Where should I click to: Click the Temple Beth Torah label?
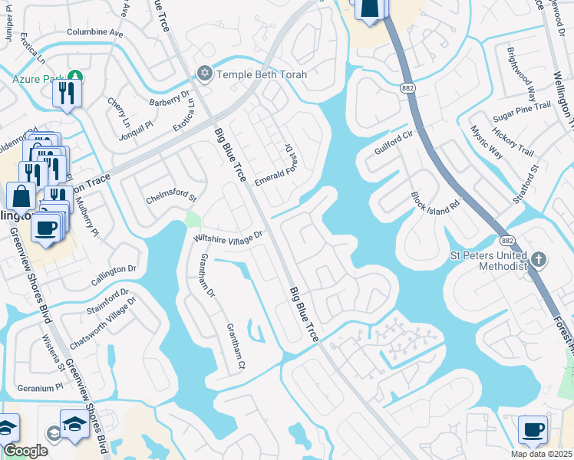[x=262, y=74]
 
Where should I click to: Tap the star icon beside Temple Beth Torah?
[x=204, y=74]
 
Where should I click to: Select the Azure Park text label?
[x=37, y=78]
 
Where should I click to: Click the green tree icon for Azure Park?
[x=75, y=77]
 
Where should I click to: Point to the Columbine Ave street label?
[x=95, y=33]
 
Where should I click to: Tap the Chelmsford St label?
[x=172, y=199]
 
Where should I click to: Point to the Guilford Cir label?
[x=394, y=143]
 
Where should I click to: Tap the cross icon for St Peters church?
[x=539, y=259]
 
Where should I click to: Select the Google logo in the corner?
[x=25, y=451]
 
